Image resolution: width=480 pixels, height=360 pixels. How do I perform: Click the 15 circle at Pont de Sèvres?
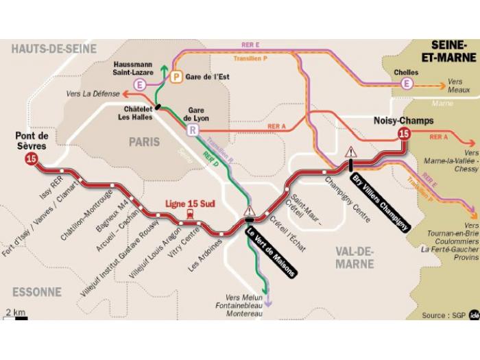(x=31, y=159)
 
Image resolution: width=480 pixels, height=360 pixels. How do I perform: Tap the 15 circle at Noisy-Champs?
(x=404, y=134)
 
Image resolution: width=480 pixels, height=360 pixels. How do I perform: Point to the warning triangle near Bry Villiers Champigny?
(x=351, y=152)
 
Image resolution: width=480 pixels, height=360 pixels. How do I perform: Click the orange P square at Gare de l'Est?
(x=176, y=77)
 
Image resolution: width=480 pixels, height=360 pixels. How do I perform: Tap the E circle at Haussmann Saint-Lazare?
(x=141, y=85)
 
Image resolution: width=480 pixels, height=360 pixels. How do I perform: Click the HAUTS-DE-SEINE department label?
(x=53, y=49)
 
